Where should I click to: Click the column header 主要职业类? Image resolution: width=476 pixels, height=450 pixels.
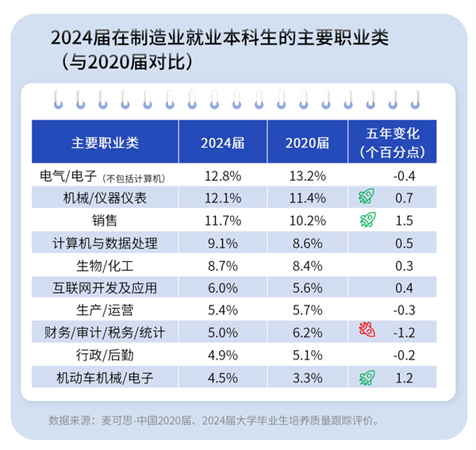105,142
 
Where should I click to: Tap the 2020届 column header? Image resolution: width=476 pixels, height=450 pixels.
307,142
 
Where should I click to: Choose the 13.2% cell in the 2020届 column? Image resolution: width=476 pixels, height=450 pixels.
307,175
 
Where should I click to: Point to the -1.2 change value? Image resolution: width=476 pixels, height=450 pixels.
405,329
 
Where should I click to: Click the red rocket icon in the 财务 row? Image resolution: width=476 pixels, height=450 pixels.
366,329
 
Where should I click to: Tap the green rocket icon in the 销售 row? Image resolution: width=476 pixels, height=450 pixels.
366,218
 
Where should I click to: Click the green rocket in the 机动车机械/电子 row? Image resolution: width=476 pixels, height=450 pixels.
366,376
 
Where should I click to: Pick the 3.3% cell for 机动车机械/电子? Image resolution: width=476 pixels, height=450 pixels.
307,377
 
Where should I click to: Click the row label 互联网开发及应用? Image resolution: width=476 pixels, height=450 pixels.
105,286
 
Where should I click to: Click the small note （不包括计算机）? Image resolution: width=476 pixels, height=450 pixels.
140,176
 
